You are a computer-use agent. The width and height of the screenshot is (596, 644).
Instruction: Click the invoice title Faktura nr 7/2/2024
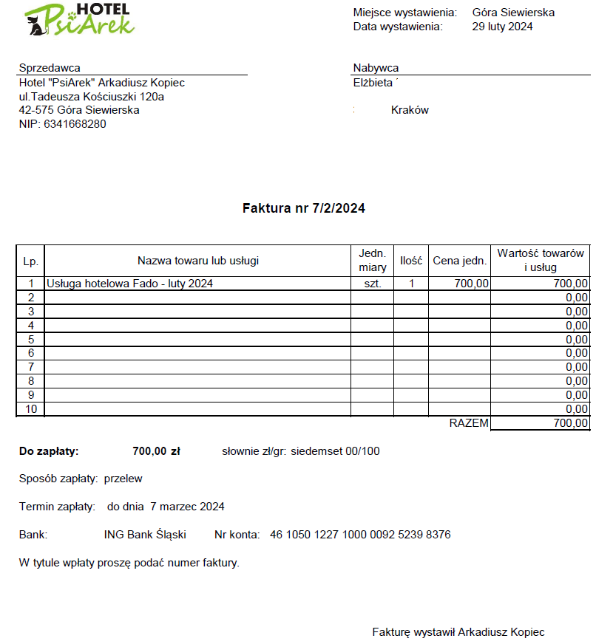tap(303, 208)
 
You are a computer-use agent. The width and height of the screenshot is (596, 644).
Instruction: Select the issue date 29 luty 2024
tap(502, 27)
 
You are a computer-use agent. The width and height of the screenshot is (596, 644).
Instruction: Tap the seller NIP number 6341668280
tap(75, 124)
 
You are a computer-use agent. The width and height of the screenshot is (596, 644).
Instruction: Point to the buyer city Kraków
tap(410, 110)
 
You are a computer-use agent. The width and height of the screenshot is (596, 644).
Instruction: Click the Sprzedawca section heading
tap(50, 68)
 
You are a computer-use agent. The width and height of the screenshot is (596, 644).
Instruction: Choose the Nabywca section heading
tap(376, 68)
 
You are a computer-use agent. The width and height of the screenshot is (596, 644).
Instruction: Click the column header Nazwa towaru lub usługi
tap(198, 260)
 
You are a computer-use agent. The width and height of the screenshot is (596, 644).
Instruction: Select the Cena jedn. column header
tap(459, 260)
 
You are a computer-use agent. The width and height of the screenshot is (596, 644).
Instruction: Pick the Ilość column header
tap(411, 260)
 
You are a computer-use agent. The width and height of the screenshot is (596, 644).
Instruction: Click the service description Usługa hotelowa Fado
tap(129, 283)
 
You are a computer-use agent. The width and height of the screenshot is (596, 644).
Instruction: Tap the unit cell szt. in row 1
tap(373, 283)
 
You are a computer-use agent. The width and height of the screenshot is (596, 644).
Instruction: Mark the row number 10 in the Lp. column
tap(30, 409)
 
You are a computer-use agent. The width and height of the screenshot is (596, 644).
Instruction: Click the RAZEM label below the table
tap(469, 423)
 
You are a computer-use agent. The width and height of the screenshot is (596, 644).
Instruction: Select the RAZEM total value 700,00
tap(570, 423)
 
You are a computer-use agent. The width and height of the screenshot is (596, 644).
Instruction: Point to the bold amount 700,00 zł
tap(156, 451)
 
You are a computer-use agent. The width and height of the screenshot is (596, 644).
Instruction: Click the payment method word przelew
tap(123, 479)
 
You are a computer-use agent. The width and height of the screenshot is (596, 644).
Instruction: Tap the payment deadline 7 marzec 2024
tap(187, 507)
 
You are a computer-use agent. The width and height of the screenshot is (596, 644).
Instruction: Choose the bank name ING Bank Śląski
tap(145, 535)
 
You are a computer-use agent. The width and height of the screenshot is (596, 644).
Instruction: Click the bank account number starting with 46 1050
tap(360, 535)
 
